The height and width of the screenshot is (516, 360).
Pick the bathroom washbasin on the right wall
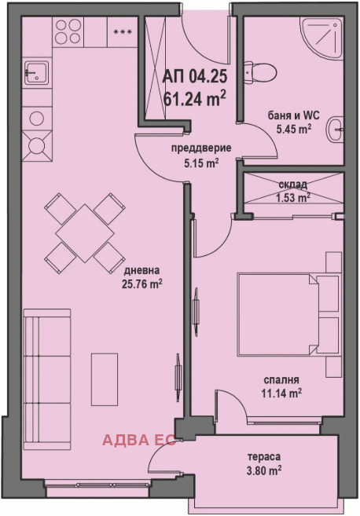point(336,128)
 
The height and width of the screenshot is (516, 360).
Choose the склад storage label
point(292,185)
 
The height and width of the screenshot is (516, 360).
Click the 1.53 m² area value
point(292,197)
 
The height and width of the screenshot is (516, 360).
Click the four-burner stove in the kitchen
point(36,145)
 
